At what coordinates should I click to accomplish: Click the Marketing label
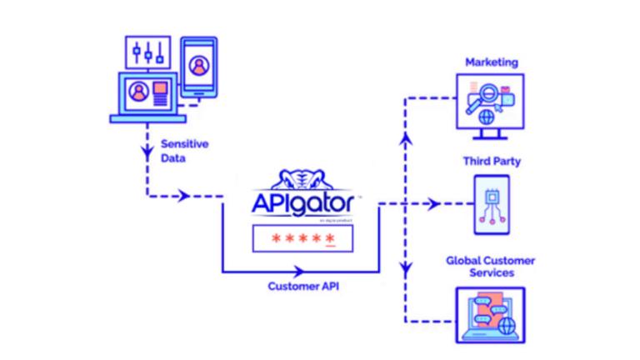coord(491,62)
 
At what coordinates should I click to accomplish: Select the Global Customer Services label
coord(490,267)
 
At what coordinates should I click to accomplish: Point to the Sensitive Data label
coord(184,150)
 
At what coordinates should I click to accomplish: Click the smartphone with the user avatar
coord(198,68)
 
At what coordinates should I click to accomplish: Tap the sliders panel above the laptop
coord(148,54)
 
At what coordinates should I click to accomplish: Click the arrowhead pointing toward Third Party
coord(433,204)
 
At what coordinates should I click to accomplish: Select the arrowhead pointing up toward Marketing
coord(406,138)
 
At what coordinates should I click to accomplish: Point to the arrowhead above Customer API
coord(297,271)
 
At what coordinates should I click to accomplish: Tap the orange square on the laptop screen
coord(159,89)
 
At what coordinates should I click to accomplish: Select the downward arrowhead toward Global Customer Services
coord(406,269)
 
